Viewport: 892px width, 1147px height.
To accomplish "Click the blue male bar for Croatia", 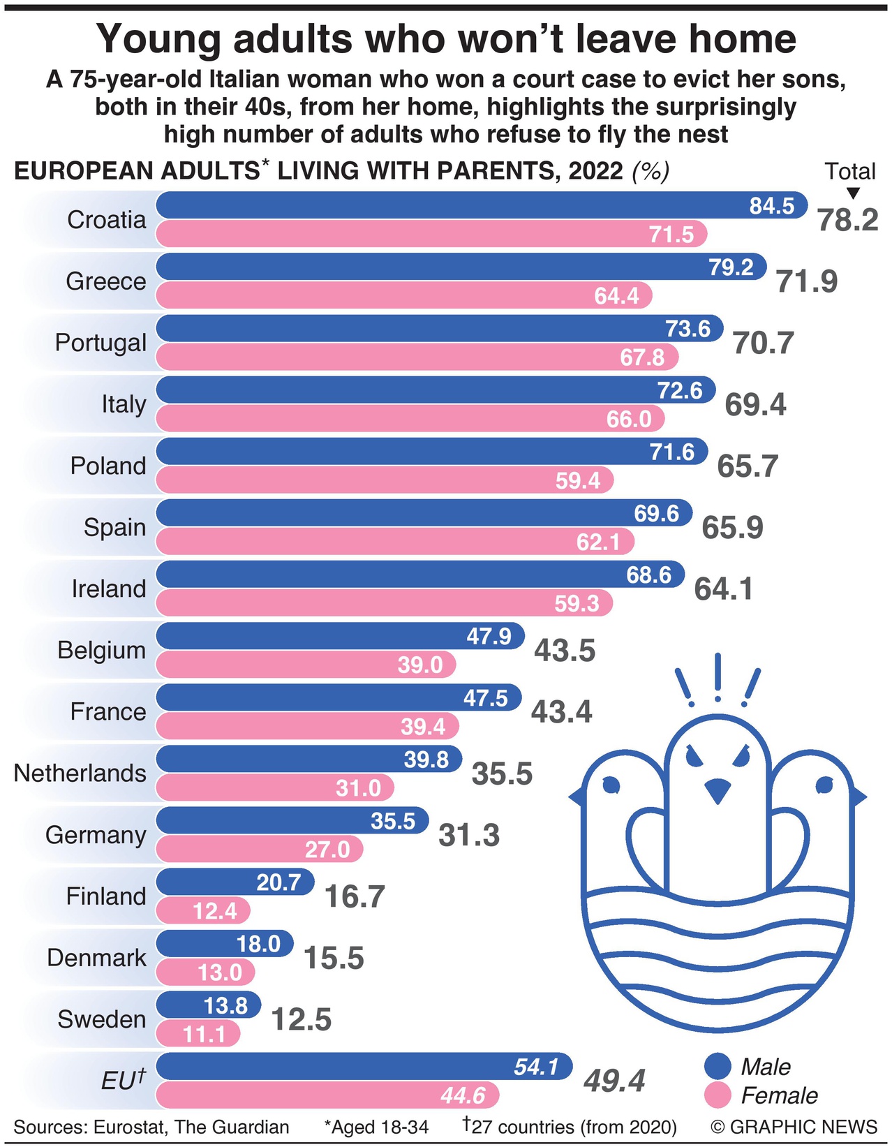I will point(454,206).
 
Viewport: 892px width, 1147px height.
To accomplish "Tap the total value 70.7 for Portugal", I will point(764,343).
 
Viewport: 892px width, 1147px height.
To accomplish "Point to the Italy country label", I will point(124,404).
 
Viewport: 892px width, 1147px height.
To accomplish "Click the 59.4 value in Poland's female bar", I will point(578,480).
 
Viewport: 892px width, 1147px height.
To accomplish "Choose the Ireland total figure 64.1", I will point(724,589).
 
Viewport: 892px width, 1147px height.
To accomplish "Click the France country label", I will point(108,711).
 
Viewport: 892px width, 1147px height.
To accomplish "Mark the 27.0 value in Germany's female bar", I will point(327,849).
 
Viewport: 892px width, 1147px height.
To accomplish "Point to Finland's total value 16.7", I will point(355,896).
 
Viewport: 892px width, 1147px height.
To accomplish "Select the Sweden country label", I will point(102,1019).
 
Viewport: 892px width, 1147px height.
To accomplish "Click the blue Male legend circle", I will point(718,1067).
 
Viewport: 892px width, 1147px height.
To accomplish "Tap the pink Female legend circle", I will point(718,1095).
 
